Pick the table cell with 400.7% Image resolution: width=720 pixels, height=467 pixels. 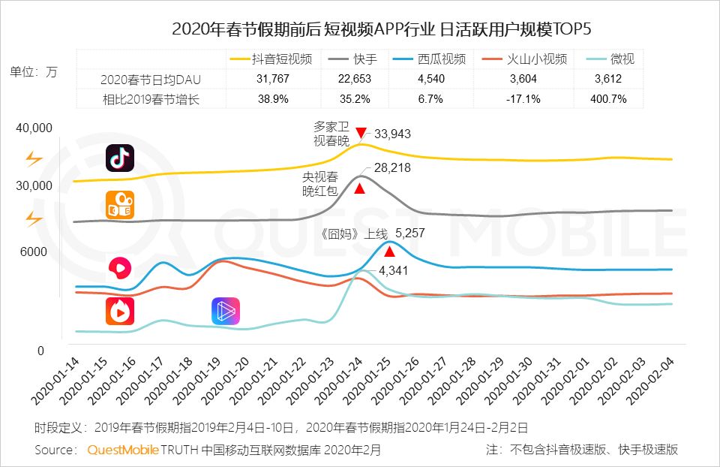click(x=608, y=99)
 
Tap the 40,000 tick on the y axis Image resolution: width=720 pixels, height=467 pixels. click(x=34, y=128)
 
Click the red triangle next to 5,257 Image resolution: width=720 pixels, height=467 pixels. click(x=389, y=251)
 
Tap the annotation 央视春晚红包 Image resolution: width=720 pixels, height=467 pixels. click(x=320, y=184)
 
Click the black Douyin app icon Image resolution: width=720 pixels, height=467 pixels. click(x=120, y=158)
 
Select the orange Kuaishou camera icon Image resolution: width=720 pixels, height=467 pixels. click(x=120, y=206)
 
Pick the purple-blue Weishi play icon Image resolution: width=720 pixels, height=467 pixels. click(x=226, y=311)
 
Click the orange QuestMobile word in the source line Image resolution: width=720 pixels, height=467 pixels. click(x=123, y=450)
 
